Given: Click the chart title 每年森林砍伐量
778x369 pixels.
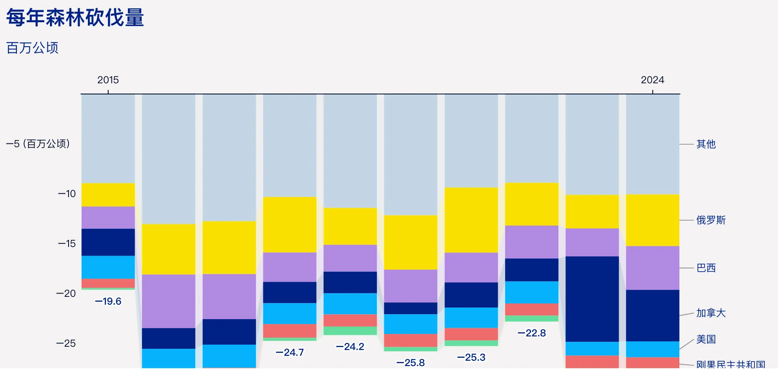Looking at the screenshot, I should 75,18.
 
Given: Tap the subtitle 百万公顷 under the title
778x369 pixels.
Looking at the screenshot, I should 32,48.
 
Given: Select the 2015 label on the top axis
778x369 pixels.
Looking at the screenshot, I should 108,80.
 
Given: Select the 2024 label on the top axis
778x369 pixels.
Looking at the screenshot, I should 653,80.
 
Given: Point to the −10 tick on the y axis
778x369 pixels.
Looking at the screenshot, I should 67,194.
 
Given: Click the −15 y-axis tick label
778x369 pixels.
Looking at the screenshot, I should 67,244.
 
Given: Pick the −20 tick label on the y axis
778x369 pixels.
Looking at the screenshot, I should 66,294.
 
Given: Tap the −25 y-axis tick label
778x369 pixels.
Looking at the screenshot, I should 66,343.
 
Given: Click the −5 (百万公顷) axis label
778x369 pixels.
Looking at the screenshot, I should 38,144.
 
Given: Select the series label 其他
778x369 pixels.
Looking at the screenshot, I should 706,144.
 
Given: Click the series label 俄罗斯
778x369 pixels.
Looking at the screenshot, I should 711,220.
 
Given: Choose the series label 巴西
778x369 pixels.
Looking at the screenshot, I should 706,268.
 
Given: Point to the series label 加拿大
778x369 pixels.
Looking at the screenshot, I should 711,313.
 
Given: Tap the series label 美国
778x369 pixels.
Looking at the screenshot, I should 706,339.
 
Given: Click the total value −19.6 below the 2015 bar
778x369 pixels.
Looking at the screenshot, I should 108,301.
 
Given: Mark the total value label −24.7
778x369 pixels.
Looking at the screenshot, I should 290,353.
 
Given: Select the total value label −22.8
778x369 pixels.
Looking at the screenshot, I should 532,333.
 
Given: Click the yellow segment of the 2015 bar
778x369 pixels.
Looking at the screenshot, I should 108,195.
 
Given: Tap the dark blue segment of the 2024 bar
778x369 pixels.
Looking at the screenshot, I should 653,315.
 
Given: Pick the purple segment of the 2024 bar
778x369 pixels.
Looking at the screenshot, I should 653,268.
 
